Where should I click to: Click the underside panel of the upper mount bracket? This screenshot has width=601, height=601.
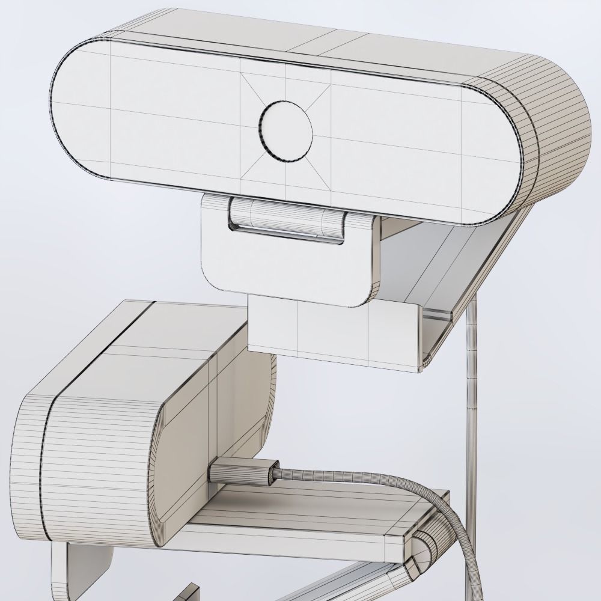pos(421,264)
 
